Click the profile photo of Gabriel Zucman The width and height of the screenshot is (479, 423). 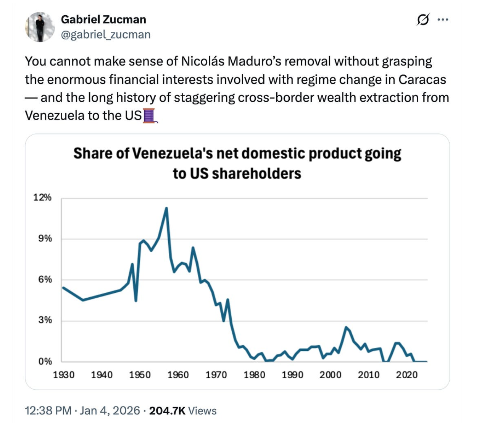click(40, 27)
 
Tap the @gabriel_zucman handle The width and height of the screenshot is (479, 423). click(106, 35)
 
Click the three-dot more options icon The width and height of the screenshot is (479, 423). click(443, 19)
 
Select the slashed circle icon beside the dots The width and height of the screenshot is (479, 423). click(423, 19)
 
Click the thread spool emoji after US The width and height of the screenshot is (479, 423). click(149, 116)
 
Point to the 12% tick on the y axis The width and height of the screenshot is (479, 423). click(42, 198)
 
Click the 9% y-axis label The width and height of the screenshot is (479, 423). click(45, 238)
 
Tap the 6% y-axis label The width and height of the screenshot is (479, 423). click(45, 279)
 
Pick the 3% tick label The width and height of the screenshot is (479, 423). click(45, 320)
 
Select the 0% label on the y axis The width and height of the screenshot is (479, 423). click(45, 361)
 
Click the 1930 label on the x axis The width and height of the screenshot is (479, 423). click(63, 375)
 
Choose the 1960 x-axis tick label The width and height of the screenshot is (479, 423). click(178, 375)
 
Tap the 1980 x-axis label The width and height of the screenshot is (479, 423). click(254, 375)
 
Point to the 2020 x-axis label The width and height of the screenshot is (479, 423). click(406, 375)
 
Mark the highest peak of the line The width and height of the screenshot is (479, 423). click(166, 208)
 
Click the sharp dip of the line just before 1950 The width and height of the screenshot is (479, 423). click(136, 300)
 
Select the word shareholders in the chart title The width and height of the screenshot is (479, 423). click(256, 173)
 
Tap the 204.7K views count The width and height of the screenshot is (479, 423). click(167, 411)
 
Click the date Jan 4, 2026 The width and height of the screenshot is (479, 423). click(110, 411)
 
